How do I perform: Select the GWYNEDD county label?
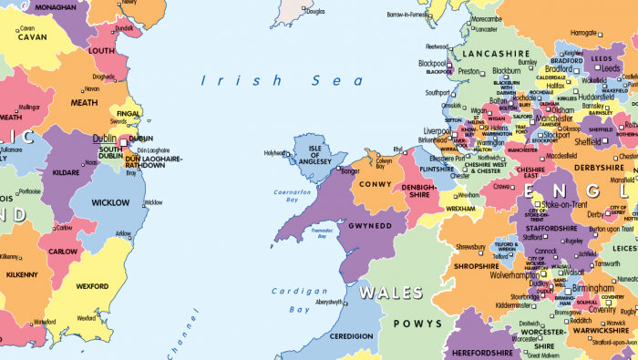click(371, 223)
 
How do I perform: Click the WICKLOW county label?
click(109, 202)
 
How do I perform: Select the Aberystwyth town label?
click(329, 302)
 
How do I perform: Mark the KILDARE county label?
click(64, 171)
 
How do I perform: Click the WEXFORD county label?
click(92, 286)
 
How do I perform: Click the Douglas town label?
click(314, 12)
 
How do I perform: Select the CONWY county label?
click(376, 183)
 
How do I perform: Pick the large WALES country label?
click(391, 293)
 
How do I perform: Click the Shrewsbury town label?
click(470, 247)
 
